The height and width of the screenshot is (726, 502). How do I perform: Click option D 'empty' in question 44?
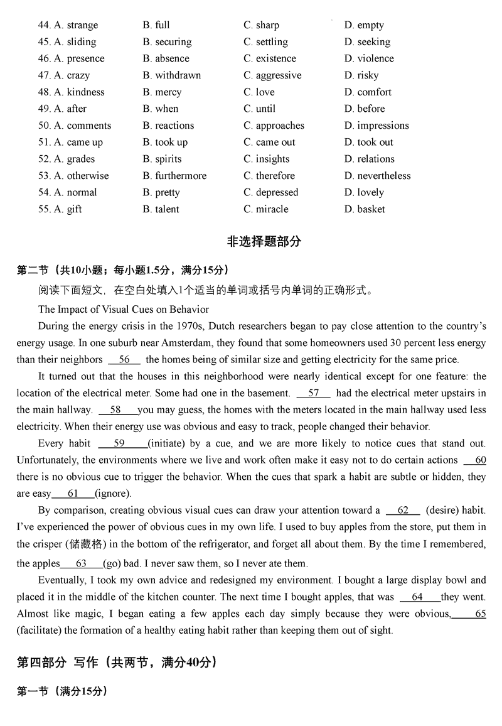[370, 25]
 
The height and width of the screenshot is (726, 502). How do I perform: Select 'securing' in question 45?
[173, 42]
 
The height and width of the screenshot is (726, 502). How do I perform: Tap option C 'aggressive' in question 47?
[278, 75]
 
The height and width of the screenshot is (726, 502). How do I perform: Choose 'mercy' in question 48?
[168, 92]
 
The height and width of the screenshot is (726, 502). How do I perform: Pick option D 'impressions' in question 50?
[382, 126]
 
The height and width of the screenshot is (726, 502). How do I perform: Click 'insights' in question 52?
[272, 159]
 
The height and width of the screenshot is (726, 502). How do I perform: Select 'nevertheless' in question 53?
[383, 176]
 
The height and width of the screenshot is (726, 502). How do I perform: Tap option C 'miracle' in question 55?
[272, 209]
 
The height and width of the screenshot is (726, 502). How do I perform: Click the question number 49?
[44, 109]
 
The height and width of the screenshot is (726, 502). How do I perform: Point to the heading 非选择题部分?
[264, 241]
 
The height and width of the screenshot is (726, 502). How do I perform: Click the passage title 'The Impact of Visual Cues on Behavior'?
[124, 309]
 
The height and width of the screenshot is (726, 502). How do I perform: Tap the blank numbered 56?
[124, 360]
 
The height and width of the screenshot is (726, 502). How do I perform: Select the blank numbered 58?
[116, 410]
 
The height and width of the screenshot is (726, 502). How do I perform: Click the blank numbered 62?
[403, 511]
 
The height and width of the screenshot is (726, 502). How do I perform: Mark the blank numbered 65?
[472, 614]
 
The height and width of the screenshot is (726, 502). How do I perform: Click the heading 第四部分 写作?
[56, 662]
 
